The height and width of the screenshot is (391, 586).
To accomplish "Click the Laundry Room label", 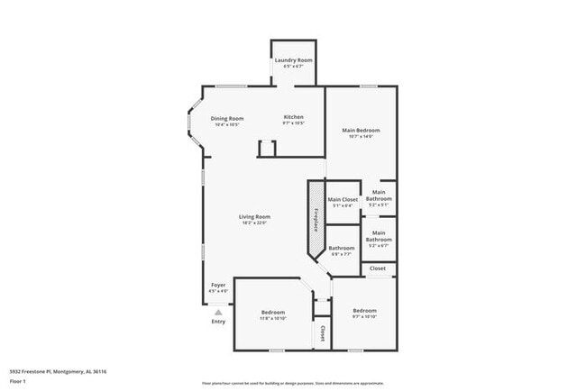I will tap(293, 63).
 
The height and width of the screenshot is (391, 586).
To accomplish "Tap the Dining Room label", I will tap(227, 121).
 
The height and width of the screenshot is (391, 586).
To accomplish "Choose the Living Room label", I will tap(254, 219).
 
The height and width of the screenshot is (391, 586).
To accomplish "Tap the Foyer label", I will tap(217, 287).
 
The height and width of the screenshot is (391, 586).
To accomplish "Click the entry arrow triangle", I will tap(217, 312).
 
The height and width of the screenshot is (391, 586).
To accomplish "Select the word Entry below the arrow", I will tap(218, 322).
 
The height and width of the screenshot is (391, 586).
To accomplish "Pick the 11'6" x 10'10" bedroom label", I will tap(272, 314).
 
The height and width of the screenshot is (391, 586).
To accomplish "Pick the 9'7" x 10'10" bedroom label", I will tap(364, 313).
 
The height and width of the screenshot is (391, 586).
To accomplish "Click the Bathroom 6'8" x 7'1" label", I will tap(341, 250).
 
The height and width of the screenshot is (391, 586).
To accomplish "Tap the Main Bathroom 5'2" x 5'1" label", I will tap(379, 197).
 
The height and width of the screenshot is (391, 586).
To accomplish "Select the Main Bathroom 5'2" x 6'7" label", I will tap(379, 241).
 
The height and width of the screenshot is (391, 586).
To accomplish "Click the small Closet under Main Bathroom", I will tap(378, 268).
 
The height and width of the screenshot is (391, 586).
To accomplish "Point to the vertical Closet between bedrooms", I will tap(322, 333).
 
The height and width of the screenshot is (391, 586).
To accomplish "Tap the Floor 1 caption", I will tap(19, 382).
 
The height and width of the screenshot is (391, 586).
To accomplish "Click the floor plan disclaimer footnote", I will tap(292, 382).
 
